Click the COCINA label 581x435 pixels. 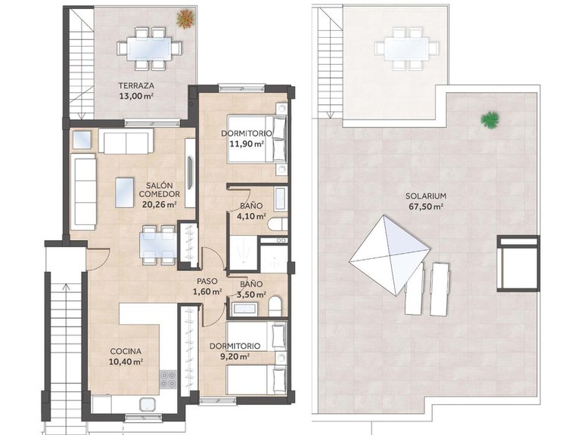(x=125, y=351)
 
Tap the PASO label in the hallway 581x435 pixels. (x=207, y=280)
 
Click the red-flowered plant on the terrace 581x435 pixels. (x=184, y=17)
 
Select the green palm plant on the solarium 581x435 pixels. (x=490, y=119)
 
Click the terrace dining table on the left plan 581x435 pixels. (x=150, y=47)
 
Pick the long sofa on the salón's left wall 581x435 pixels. (x=83, y=193)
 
